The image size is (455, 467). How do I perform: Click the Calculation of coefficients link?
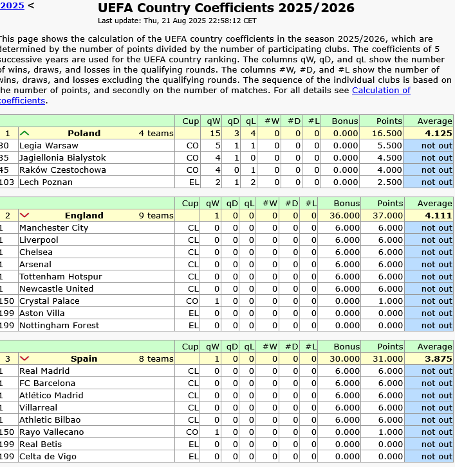pyautogui.click(x=380, y=91)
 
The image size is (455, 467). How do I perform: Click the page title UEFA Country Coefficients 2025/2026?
pyautogui.click(x=226, y=8)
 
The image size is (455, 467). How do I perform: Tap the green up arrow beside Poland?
pyautogui.click(x=24, y=134)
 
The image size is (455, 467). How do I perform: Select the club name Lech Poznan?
pyautogui.click(x=46, y=182)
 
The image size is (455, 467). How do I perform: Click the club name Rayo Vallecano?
pyautogui.click(x=51, y=432)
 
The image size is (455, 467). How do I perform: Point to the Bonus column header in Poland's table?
pyautogui.click(x=345, y=121)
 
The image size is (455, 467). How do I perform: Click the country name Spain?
pyautogui.click(x=84, y=359)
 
